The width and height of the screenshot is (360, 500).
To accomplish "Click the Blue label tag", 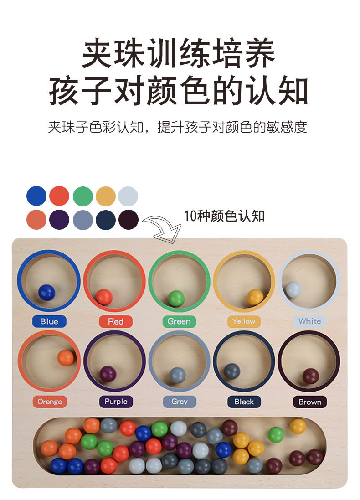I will point(49,321).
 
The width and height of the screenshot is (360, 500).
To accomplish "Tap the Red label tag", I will point(115,321).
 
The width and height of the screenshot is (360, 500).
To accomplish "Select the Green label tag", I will point(179,321).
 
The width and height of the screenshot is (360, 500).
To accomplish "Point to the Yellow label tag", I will point(244,321).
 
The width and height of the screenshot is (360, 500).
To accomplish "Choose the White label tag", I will point(309,321).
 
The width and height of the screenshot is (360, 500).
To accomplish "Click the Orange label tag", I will point(50,402).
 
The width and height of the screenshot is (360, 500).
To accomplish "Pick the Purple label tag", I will point(116,402).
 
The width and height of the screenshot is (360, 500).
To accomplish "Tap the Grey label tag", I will point(180,402).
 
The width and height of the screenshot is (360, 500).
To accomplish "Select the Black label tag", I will point(244,402).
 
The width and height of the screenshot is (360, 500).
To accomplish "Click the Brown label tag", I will point(310,402).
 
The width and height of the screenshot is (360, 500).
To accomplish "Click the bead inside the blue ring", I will point(46,292).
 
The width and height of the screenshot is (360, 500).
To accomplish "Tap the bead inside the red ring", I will point(104,297).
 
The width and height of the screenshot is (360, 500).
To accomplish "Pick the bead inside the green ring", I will point(176,298).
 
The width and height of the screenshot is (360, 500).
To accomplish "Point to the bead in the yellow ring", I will point(255,297).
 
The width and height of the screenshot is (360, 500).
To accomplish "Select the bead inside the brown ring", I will point(311,376).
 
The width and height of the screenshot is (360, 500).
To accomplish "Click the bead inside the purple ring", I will point(108,374).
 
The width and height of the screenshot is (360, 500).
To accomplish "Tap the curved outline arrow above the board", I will point(162,228).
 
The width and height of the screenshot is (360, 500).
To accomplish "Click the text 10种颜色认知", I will point(224,216).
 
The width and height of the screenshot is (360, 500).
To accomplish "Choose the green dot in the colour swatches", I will point(82,196).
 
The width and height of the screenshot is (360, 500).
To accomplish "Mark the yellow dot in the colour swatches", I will point(106,196).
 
